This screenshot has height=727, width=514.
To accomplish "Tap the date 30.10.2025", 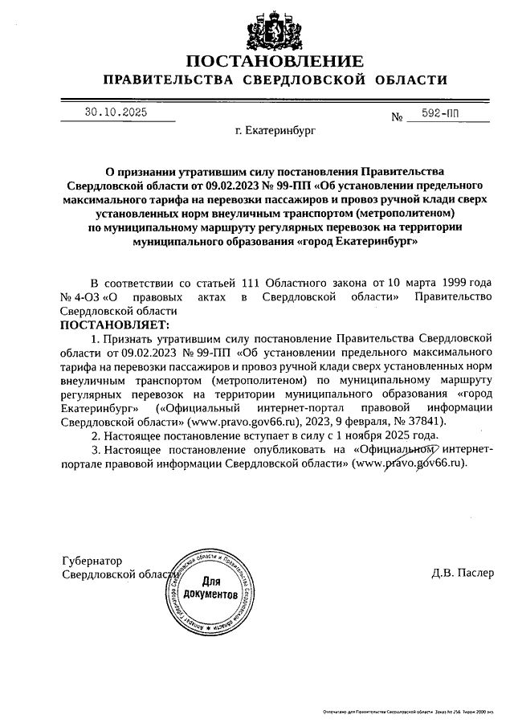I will pyautogui.click(x=116, y=113).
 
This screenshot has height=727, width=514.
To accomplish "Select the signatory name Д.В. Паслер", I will pyautogui.click(x=458, y=573).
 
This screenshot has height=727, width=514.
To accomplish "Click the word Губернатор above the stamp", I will pyautogui.click(x=91, y=560).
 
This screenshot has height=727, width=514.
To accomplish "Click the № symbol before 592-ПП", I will pyautogui.click(x=396, y=117).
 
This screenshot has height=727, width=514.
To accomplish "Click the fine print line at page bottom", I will pyautogui.click(x=405, y=712).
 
